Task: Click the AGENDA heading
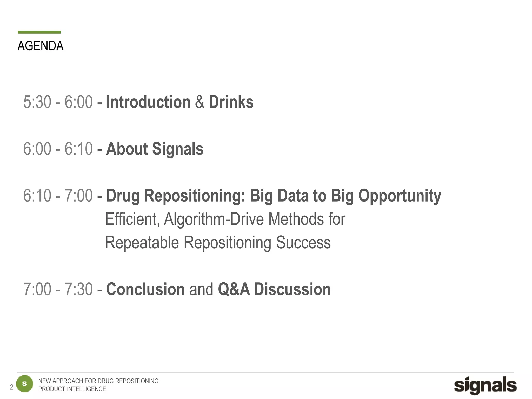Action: (41, 46)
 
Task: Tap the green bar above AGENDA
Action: (39, 32)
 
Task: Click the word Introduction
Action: (148, 102)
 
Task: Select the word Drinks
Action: (231, 102)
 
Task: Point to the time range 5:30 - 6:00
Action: (58, 102)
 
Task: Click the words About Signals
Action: (155, 149)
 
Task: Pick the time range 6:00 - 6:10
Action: (58, 149)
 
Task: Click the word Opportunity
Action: (400, 196)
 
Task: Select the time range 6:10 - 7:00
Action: (58, 196)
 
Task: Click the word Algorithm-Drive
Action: (214, 219)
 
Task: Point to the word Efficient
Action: (132, 219)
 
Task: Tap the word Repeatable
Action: (142, 243)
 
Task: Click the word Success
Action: (303, 243)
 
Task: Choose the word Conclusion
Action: (145, 289)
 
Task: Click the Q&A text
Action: (234, 289)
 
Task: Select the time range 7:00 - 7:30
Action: (58, 289)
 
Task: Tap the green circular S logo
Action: (25, 384)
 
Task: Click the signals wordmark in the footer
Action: (485, 385)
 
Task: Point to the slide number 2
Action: (11, 387)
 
